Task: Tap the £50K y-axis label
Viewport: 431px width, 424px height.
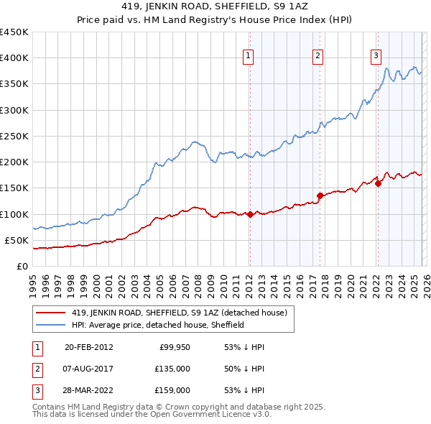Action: (17, 240)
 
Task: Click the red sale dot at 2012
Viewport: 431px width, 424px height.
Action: (250, 214)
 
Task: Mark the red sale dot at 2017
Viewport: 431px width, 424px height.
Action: (320, 195)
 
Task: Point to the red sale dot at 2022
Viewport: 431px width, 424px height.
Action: (378, 183)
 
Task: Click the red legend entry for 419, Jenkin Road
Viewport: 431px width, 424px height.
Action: (180, 313)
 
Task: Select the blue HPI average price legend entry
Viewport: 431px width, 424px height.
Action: (158, 325)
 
